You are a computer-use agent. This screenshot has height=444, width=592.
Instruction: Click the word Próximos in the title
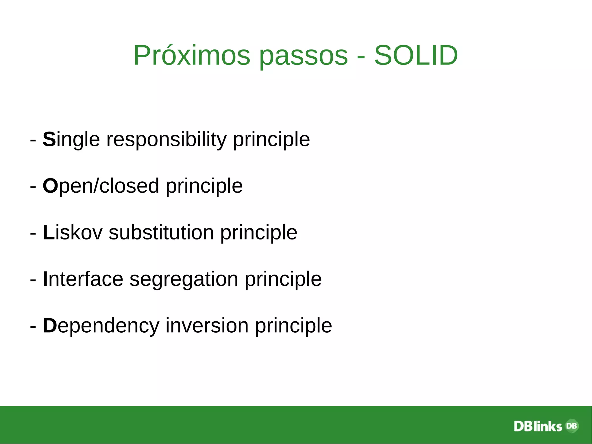pos(191,56)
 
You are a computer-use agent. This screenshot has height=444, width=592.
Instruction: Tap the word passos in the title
pos(303,56)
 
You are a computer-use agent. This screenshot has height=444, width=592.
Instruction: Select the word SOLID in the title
pos(416,56)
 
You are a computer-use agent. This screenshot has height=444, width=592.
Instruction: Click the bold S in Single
pos(49,139)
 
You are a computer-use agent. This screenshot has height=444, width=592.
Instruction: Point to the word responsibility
pos(166,139)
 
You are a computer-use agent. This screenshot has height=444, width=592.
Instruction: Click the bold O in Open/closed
pos(50,186)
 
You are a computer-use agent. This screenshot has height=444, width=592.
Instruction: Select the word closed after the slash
pos(129,186)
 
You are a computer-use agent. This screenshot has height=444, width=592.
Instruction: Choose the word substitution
pos(161,233)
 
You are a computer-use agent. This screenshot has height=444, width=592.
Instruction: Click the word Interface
pos(83,279)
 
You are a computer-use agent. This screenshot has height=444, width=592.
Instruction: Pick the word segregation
pos(184,279)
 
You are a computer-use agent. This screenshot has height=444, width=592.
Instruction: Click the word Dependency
pos(101,326)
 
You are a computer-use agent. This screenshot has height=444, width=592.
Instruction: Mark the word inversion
pos(207,326)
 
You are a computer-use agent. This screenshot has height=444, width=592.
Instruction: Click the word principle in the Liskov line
pos(259,233)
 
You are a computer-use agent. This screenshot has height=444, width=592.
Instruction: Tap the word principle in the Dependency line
pos(293,326)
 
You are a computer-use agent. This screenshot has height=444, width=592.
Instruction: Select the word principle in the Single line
pos(271,139)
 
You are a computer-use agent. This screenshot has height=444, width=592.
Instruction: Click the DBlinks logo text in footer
pos(538,426)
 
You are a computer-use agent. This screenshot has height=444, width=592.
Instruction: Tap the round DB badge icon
pos(572,425)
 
